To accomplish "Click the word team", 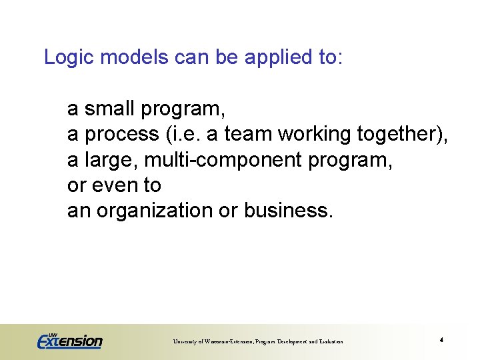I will [x=249, y=135].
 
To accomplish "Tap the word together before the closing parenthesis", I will [x=399, y=135].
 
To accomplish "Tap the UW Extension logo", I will [x=69, y=341].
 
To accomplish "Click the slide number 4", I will [x=442, y=341].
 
